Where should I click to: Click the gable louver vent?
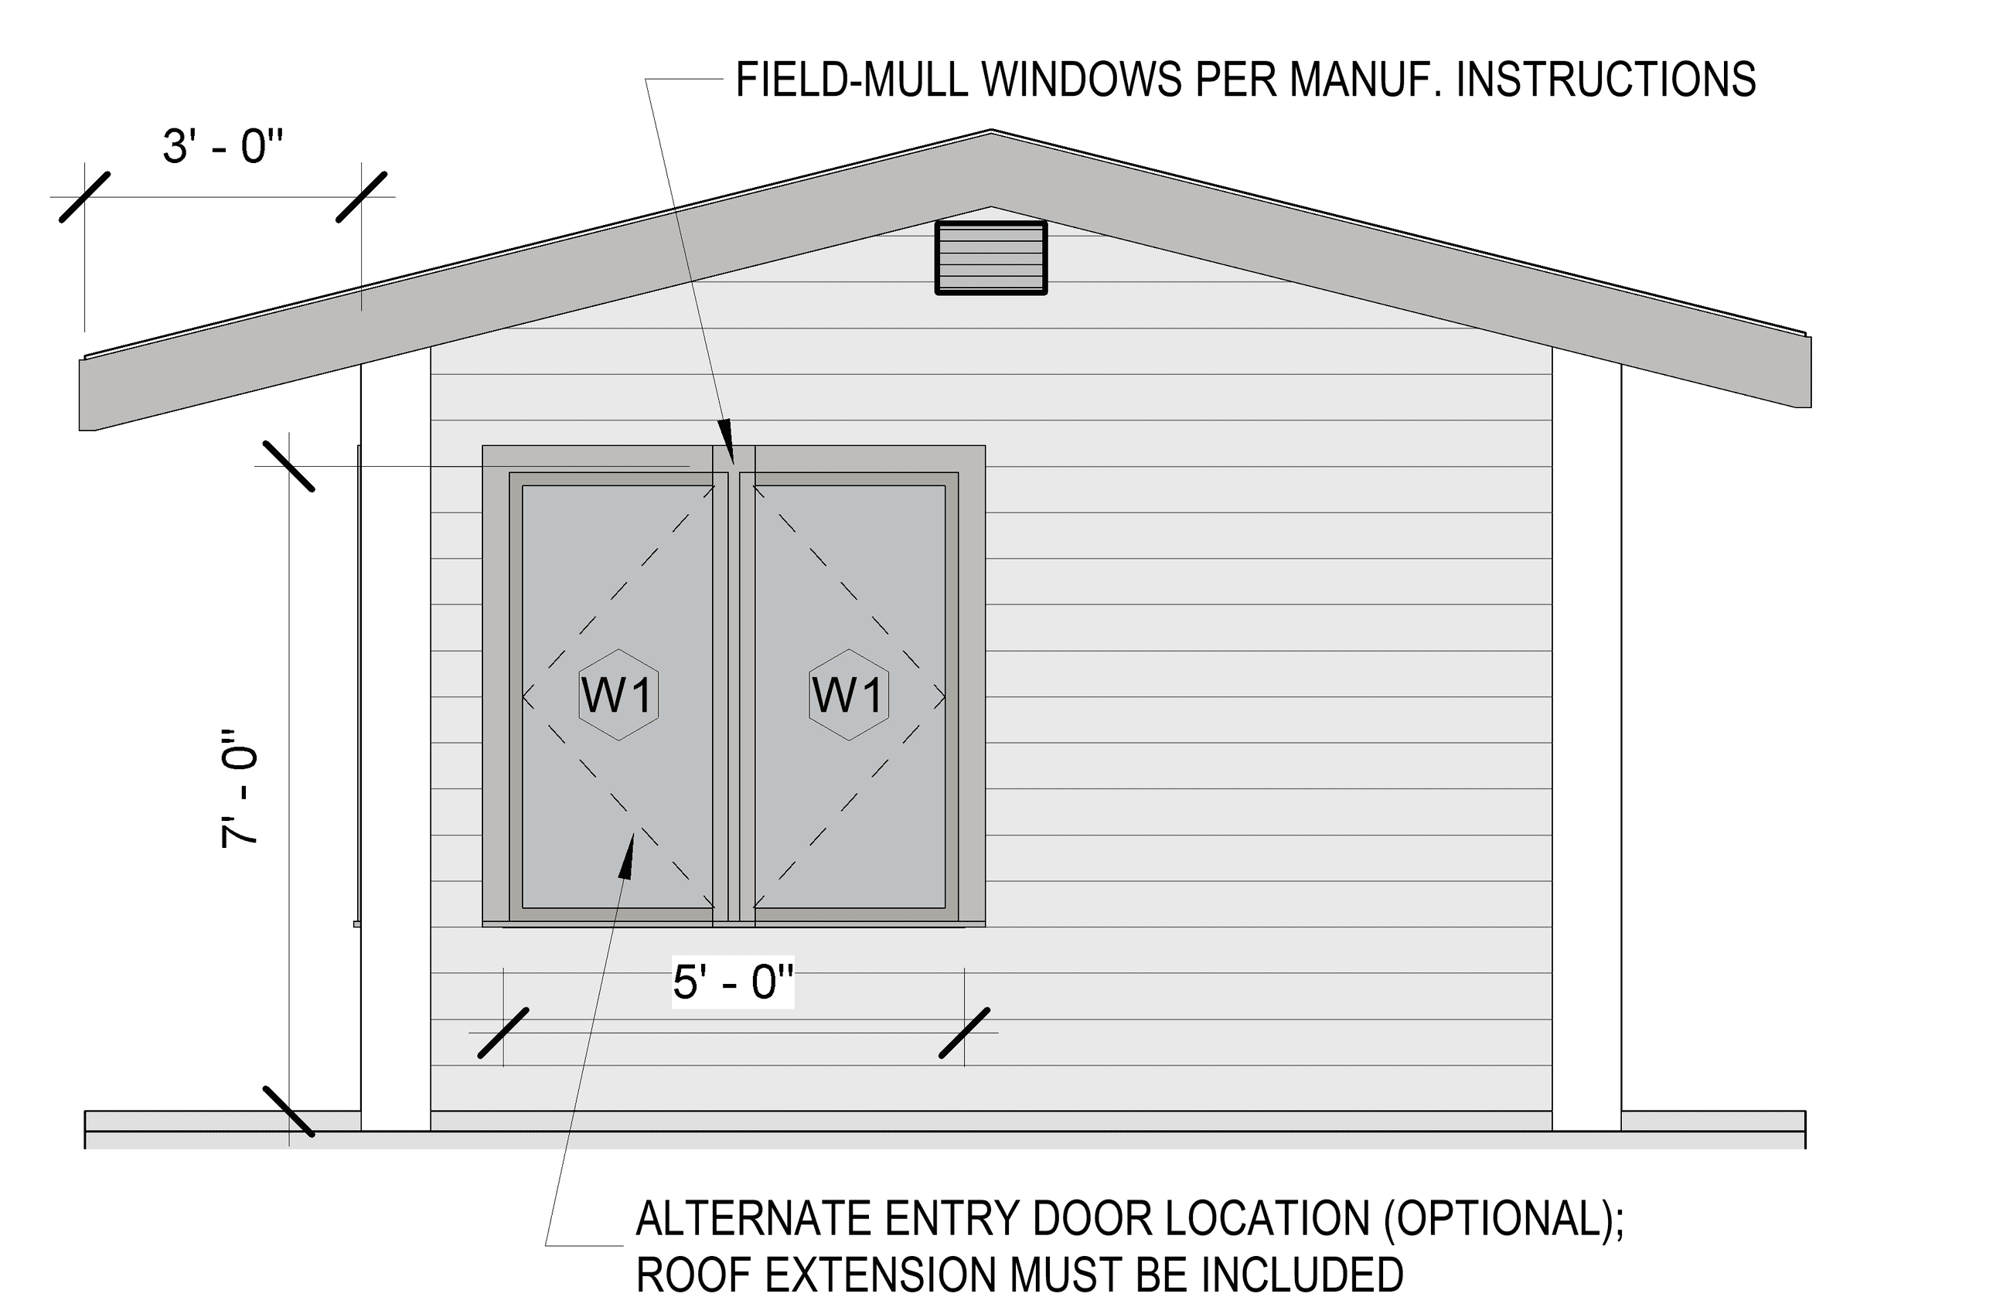(x=990, y=257)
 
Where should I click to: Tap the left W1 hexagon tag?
(x=619, y=695)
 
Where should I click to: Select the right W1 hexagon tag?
(x=849, y=695)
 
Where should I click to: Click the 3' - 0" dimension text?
(x=222, y=146)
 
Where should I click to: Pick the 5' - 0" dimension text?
(x=733, y=982)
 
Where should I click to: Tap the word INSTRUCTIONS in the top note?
(x=1606, y=80)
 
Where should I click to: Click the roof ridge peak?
(x=990, y=131)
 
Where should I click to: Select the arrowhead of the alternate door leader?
(x=627, y=856)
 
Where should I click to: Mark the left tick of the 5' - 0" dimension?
(x=503, y=1032)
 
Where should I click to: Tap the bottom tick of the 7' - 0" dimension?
(x=289, y=1111)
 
